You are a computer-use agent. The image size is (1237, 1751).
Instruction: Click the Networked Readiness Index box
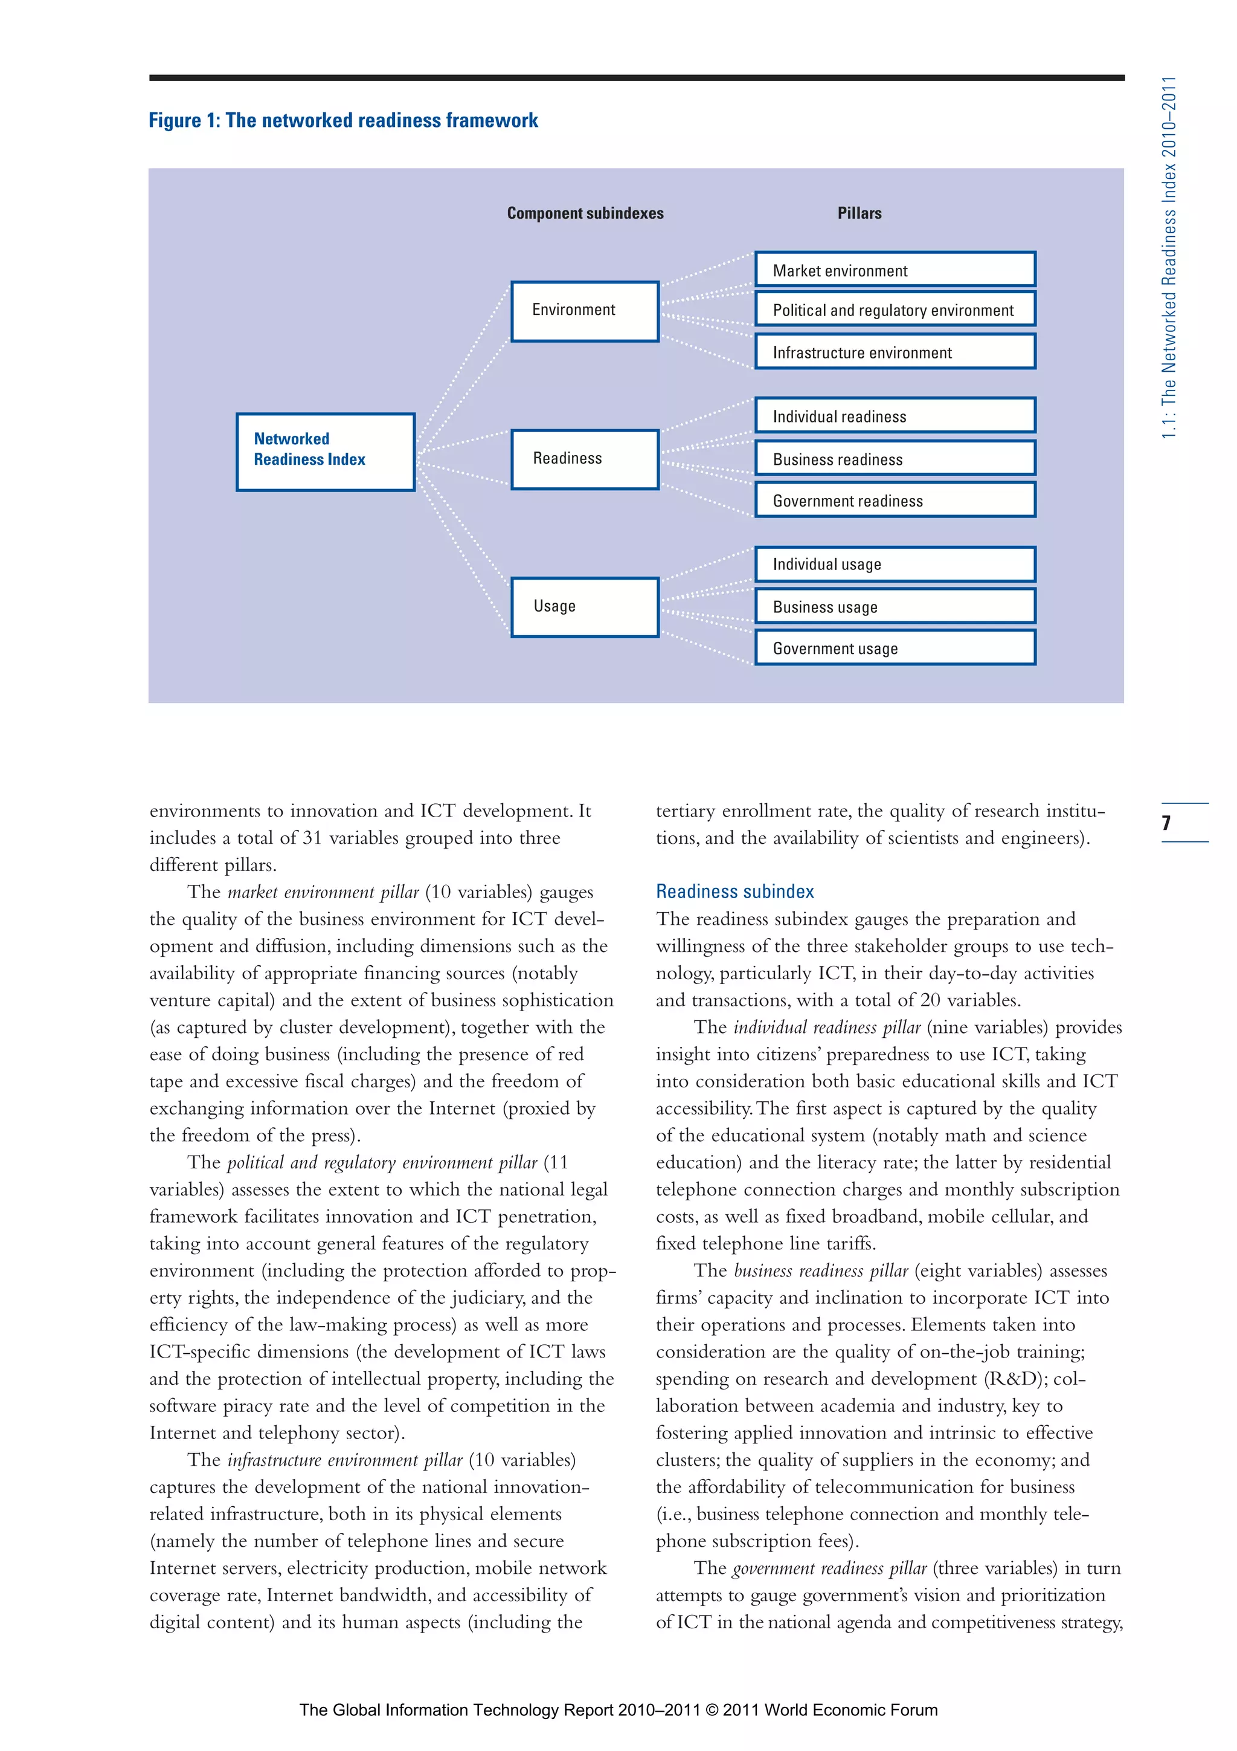pos(326,452)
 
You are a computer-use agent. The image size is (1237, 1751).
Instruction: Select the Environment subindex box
pos(585,311)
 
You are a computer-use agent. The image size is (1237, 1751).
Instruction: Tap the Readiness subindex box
pos(585,459)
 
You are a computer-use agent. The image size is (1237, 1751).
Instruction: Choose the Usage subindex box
pos(585,607)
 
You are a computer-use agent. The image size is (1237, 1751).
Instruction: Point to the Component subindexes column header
pos(585,213)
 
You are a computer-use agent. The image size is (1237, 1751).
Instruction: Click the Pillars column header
pos(859,213)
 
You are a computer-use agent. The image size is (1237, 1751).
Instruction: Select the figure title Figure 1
pos(343,120)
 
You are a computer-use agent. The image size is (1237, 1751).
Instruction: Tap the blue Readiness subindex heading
pos(734,892)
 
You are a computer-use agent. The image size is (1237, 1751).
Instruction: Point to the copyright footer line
pos(618,1710)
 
